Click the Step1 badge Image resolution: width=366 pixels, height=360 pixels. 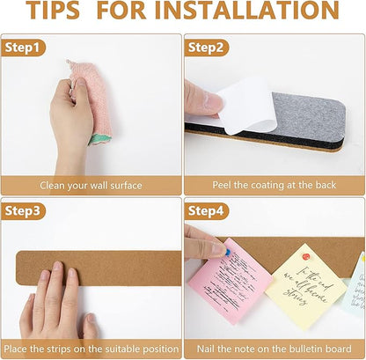23,48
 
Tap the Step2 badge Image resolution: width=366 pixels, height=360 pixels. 206,48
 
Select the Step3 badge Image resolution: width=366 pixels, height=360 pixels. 23,211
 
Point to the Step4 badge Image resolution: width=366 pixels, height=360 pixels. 206,211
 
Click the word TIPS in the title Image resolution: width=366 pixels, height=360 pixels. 57,12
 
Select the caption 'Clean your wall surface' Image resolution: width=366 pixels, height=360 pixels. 91,185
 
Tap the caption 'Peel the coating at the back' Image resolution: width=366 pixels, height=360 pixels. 274,185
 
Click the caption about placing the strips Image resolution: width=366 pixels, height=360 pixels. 91,349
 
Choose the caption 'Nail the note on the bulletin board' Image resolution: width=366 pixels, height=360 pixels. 274,349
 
